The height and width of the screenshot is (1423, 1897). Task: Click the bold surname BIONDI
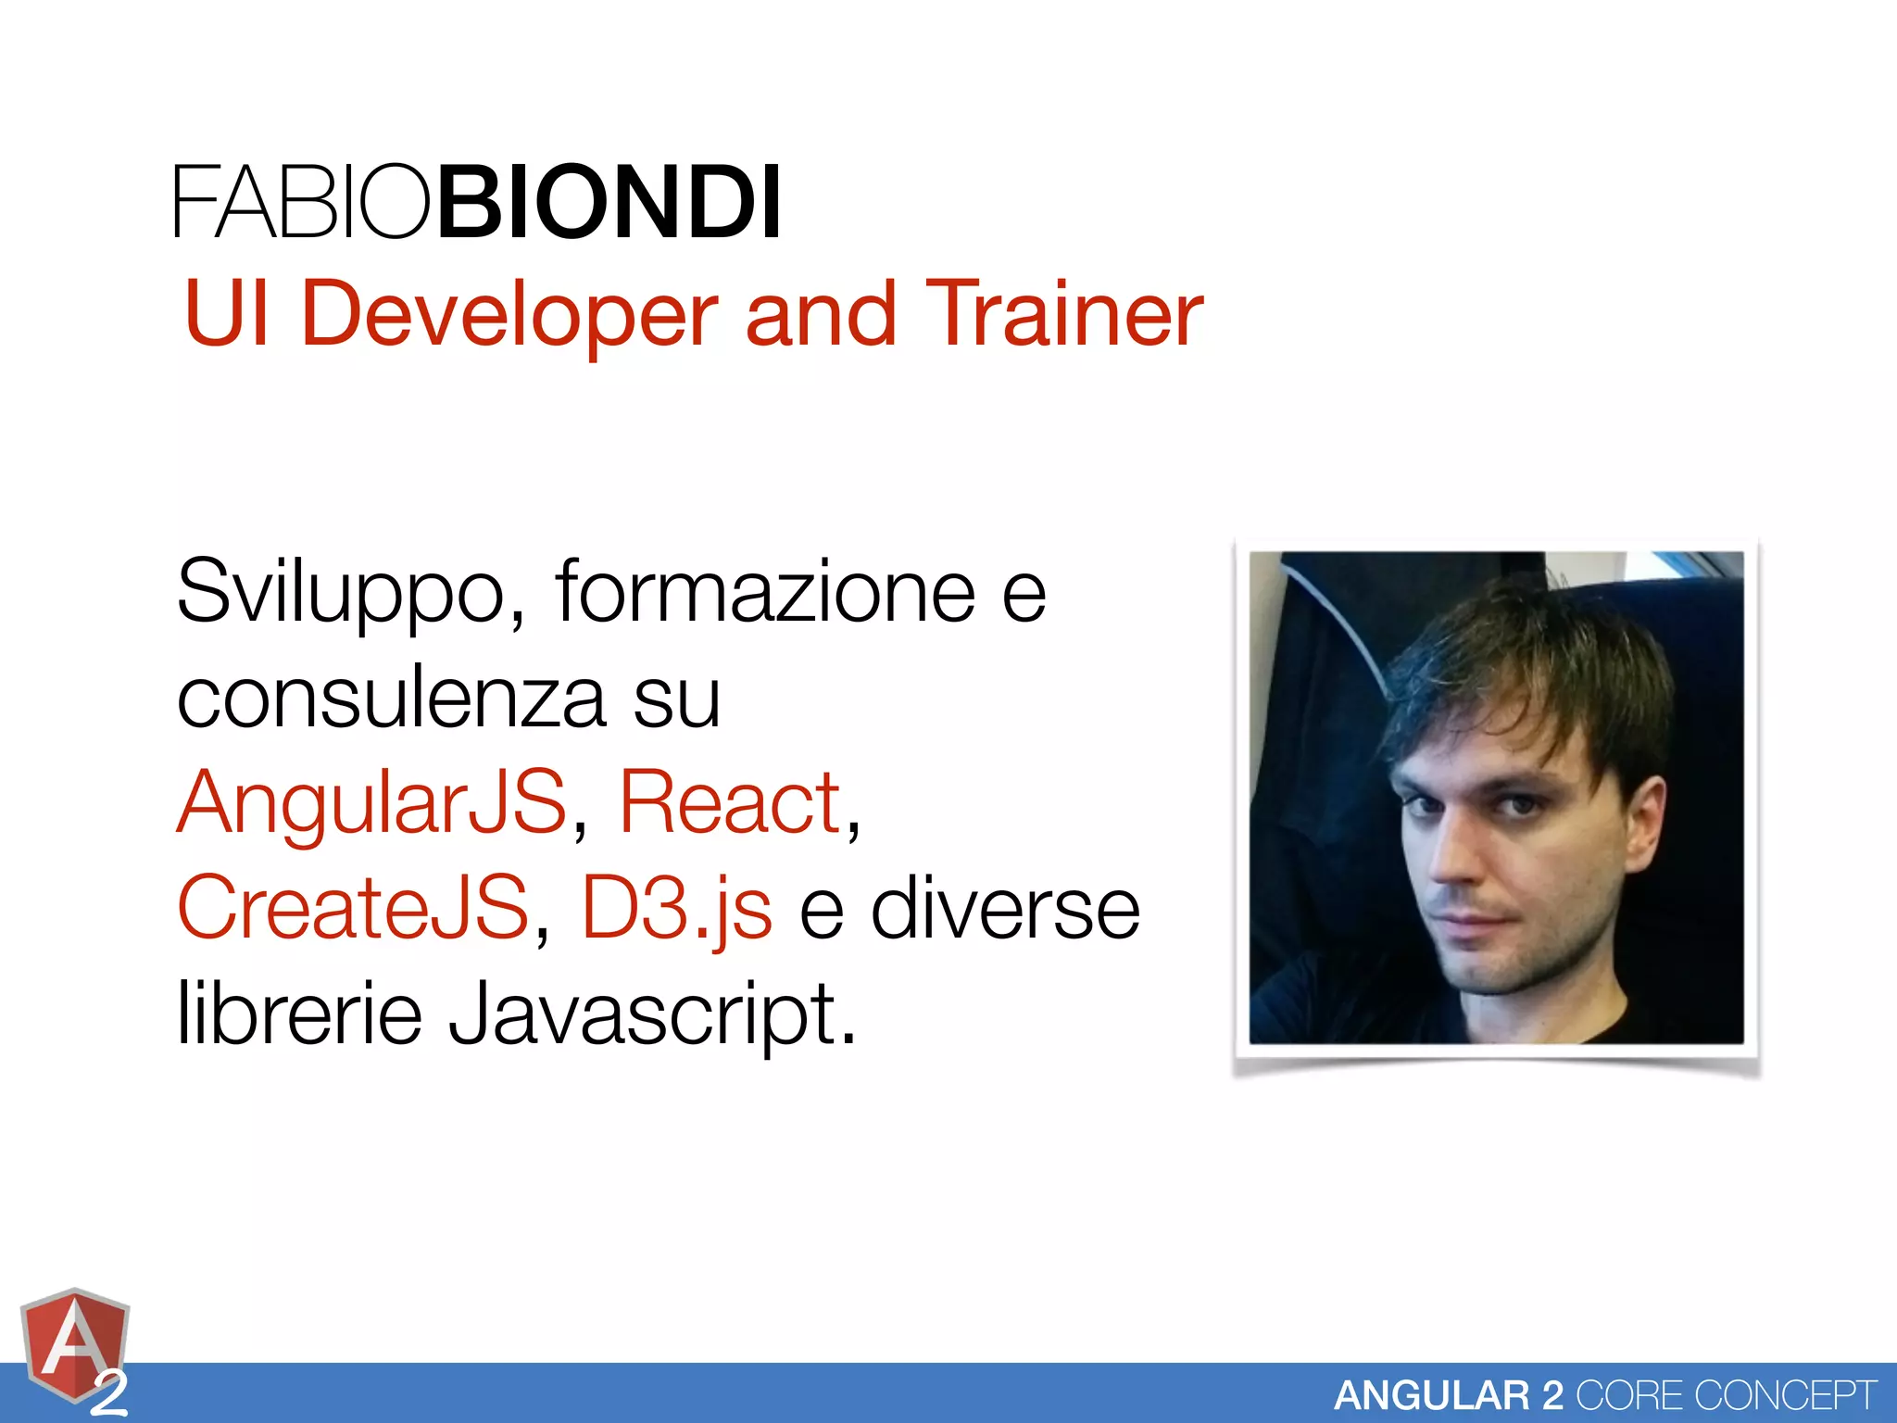tap(609, 202)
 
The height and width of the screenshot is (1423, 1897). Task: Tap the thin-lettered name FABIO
tap(302, 202)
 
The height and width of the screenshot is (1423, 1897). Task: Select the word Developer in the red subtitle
tap(509, 315)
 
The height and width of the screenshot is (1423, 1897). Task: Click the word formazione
tap(765, 593)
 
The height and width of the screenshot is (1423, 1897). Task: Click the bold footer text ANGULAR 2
tap(1449, 1395)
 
